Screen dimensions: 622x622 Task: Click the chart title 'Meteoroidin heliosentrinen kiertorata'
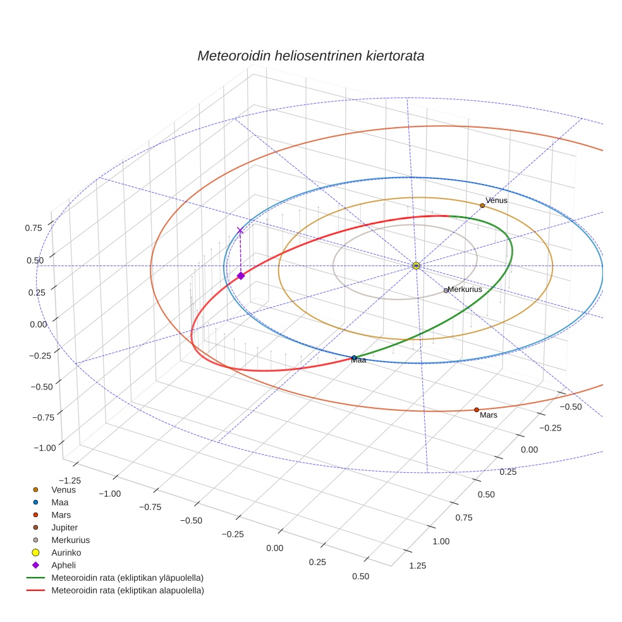click(x=310, y=56)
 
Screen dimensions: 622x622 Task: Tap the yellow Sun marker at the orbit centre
click(x=416, y=265)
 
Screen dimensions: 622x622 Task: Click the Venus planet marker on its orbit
click(x=482, y=205)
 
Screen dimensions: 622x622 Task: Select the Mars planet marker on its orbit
click(x=477, y=410)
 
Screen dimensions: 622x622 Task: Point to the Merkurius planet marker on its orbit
click(x=446, y=291)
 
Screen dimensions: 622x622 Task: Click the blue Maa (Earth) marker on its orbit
click(x=354, y=358)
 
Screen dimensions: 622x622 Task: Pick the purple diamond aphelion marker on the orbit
click(x=241, y=276)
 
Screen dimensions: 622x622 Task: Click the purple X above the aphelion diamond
click(x=240, y=231)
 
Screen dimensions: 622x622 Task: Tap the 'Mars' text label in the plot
click(x=489, y=415)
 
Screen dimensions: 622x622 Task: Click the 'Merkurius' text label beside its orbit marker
click(x=465, y=289)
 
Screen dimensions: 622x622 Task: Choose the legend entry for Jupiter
click(x=64, y=527)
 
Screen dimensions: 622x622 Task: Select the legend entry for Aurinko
click(x=66, y=552)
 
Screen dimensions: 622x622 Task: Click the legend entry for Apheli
click(x=63, y=565)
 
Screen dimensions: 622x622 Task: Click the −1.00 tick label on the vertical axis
click(x=43, y=448)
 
